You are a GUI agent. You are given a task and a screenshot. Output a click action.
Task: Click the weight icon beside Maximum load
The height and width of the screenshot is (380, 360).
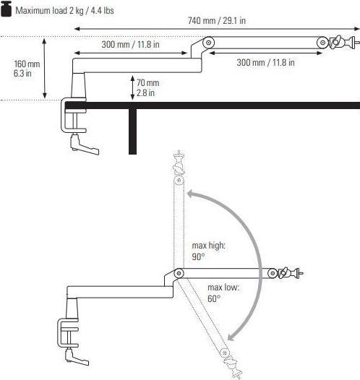click(x=6, y=10)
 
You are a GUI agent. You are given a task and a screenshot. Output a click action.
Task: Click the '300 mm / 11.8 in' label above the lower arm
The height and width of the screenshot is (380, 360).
click(x=130, y=44)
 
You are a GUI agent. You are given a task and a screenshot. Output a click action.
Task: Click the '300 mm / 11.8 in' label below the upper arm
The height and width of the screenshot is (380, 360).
click(x=265, y=63)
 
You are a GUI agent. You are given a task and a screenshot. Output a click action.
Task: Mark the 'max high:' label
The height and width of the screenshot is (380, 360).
click(x=209, y=246)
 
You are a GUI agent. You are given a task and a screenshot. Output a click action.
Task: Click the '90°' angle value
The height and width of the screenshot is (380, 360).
click(x=199, y=256)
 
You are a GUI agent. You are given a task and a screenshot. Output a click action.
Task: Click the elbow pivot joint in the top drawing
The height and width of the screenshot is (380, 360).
click(x=208, y=43)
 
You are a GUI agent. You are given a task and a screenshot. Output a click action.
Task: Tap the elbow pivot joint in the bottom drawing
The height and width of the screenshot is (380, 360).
click(x=178, y=273)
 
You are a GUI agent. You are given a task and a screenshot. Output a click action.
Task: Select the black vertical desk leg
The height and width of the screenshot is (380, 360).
click(x=132, y=131)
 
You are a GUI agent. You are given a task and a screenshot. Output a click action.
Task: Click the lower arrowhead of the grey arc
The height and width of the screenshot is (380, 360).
click(x=230, y=337)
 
